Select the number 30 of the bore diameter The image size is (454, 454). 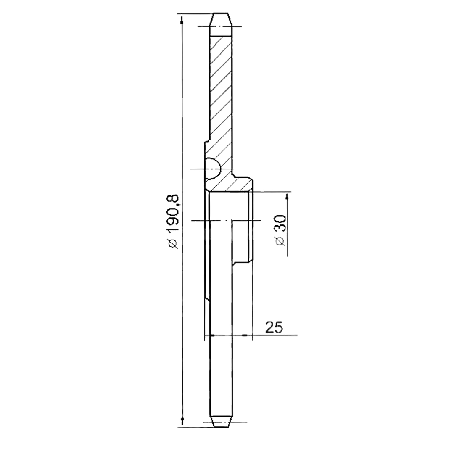pos(280,223)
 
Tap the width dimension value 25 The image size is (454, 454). pos(274,327)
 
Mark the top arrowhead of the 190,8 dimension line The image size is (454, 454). pos(182,22)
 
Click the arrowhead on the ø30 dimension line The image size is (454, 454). pos(287,197)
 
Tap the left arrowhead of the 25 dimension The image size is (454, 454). pos(211,335)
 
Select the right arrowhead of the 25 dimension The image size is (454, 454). pos(245,335)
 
